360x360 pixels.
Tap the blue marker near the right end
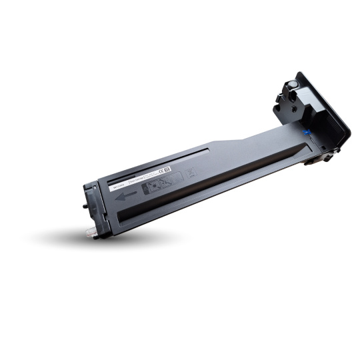point(305,132)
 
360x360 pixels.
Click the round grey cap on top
point(291,85)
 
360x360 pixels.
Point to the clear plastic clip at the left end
point(90,230)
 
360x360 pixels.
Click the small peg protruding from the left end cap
point(84,206)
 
